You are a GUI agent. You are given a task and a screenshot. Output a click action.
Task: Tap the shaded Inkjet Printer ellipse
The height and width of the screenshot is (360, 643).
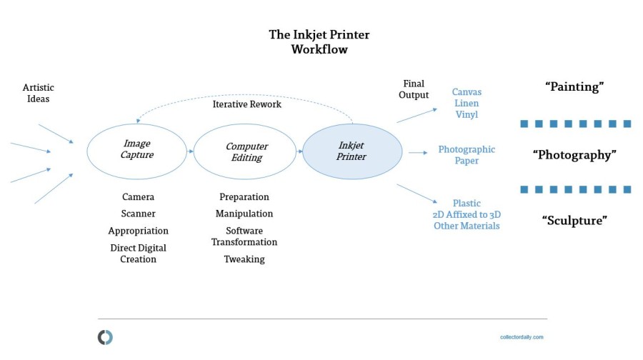[x=352, y=151]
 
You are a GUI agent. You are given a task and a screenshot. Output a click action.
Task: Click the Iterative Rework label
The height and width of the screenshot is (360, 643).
[x=247, y=104]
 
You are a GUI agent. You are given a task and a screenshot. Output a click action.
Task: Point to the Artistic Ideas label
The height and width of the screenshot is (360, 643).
[x=38, y=93]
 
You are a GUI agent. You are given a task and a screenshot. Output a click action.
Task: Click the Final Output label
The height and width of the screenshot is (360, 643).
[x=414, y=89]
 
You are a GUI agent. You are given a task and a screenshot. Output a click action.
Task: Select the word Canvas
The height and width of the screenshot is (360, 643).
[x=467, y=92]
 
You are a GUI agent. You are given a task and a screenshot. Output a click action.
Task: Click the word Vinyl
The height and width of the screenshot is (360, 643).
[x=467, y=114]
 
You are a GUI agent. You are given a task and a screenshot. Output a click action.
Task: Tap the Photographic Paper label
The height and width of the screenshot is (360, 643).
[x=467, y=155]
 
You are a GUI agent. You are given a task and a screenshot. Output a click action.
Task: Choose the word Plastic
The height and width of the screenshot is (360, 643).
[x=467, y=203]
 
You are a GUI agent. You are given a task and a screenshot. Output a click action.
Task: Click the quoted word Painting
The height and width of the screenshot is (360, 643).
[x=574, y=87]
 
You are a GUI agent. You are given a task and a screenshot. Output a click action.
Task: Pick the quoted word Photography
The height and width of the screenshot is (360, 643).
[x=574, y=155]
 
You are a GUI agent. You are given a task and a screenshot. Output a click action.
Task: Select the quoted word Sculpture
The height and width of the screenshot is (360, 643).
[x=574, y=221]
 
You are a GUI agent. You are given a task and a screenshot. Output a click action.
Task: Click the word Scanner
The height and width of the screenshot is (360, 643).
[x=138, y=214]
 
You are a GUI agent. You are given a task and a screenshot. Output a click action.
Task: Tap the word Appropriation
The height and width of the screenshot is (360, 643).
[x=138, y=231]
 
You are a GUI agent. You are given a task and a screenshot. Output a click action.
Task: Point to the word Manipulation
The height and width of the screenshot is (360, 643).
[x=244, y=214]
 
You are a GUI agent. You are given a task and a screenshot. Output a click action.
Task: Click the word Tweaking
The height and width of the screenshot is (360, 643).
[x=244, y=259]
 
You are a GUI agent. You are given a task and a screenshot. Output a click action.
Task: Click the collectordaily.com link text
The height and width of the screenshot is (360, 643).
[x=522, y=337]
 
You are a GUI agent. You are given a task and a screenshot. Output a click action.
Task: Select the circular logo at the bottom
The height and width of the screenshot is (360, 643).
[x=105, y=337]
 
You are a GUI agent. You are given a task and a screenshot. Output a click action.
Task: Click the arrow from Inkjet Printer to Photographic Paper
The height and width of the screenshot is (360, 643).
[x=418, y=153]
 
